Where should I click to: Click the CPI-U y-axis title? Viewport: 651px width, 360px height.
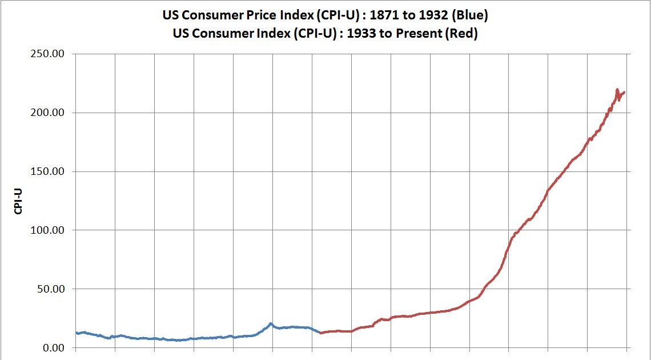[x=18, y=201]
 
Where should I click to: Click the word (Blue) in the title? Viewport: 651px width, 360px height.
[x=469, y=15]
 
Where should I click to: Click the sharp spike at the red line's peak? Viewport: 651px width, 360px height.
[x=617, y=90]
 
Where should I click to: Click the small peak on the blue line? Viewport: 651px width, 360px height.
[x=271, y=323]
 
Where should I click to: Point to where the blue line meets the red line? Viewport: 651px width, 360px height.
[x=321, y=333]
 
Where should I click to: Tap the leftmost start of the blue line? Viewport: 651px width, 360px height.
[x=76, y=333]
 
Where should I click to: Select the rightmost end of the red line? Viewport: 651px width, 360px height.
[x=624, y=92]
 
